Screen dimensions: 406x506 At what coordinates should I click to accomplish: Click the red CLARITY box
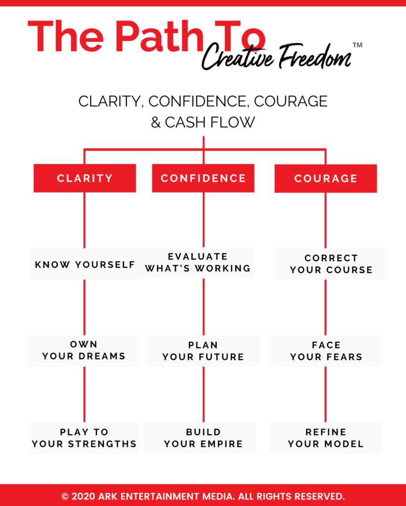85,178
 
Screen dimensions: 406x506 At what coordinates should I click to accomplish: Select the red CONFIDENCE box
203,178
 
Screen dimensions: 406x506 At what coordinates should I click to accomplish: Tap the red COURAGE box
325,178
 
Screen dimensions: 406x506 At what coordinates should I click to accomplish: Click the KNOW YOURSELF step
85,264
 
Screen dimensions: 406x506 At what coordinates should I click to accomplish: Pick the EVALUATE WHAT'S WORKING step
198,263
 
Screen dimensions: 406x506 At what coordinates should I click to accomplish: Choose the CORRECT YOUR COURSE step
331,264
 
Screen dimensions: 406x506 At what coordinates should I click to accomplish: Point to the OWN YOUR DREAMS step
83,351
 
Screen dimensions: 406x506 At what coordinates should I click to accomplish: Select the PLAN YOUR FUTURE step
203,351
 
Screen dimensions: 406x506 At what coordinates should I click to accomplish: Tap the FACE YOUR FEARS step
325,351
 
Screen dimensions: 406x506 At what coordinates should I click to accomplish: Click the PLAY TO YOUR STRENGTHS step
84,438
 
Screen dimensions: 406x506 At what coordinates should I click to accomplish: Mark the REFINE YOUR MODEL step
325,438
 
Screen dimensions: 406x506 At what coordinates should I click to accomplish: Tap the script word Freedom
315,56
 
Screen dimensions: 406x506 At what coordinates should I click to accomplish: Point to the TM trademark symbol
357,45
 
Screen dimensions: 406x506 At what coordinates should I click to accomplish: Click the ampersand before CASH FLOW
156,123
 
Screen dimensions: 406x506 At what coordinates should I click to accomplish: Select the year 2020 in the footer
83,496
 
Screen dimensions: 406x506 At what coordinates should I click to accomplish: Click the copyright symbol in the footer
65,496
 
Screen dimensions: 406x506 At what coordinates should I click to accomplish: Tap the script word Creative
238,57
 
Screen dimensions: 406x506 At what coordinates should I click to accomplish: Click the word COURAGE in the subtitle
290,101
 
